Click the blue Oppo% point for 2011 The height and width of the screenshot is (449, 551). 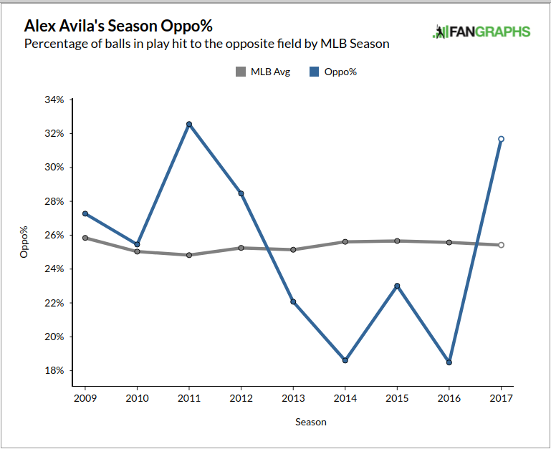click(188, 124)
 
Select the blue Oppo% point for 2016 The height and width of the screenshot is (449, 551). click(449, 362)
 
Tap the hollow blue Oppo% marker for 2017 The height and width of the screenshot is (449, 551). click(501, 139)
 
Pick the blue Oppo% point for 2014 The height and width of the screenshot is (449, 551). click(345, 360)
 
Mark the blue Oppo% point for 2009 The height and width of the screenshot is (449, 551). click(85, 213)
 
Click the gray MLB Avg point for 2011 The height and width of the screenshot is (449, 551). click(188, 255)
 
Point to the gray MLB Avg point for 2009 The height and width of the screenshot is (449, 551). click(85, 238)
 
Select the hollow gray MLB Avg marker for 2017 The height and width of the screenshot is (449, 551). click(501, 245)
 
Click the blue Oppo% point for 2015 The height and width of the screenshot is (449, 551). click(397, 286)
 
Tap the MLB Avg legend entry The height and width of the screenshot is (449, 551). click(263, 72)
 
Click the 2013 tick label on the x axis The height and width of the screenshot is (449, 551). click(293, 397)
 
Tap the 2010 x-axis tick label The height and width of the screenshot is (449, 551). click(137, 397)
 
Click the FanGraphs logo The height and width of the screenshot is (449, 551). click(481, 32)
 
